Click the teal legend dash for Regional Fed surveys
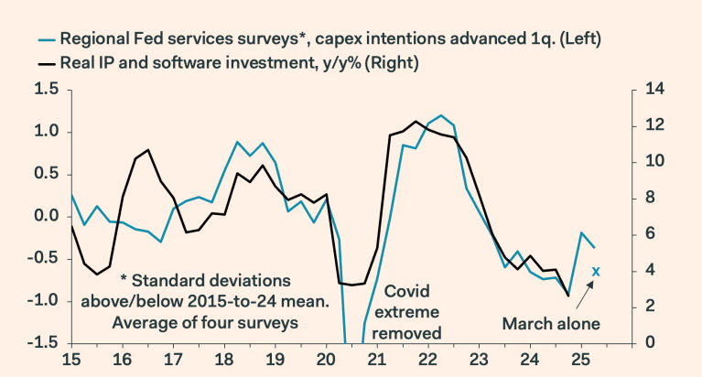[x=45, y=39]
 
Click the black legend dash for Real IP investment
[x=45, y=64]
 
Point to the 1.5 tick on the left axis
[x=47, y=90]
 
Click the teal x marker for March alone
[x=596, y=271]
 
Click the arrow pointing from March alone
[x=585, y=292]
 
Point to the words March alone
[x=551, y=323]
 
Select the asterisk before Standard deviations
[x=123, y=280]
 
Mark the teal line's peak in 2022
[x=441, y=115]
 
